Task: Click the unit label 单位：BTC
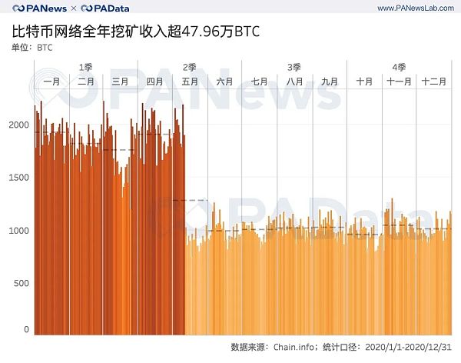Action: point(38,48)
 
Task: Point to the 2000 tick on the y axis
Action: point(18,125)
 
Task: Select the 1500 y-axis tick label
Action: point(18,178)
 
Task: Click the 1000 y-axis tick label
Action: point(18,231)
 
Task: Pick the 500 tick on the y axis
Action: point(21,283)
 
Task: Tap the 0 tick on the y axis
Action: point(25,330)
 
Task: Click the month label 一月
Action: point(51,81)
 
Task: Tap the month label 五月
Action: point(190,81)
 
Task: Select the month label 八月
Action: point(295,81)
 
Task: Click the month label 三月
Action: point(120,81)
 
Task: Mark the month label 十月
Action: point(364,81)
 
